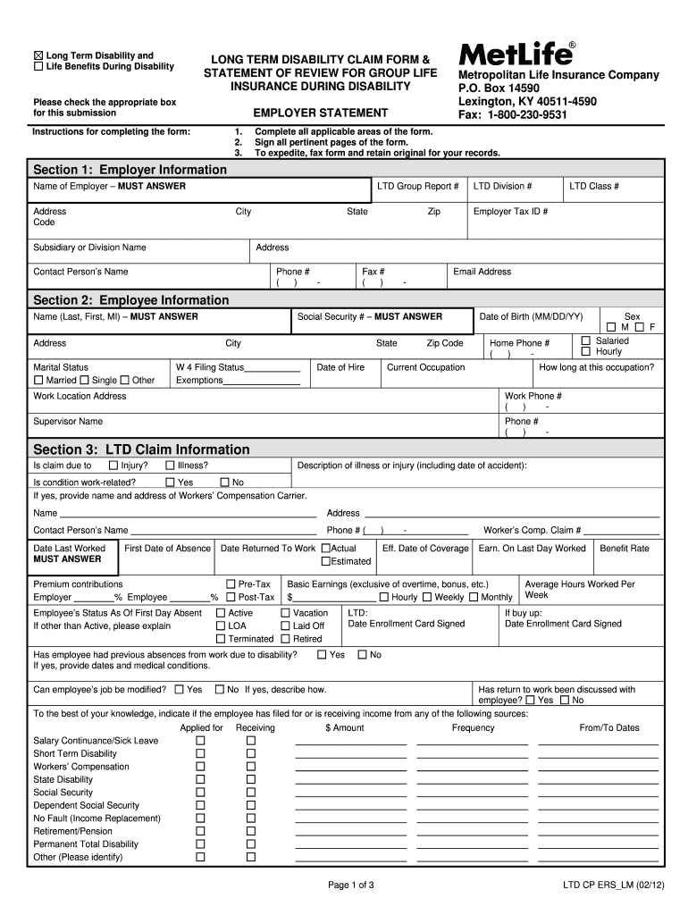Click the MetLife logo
coord(516,54)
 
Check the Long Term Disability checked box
coord(38,55)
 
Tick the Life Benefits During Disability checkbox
coord(38,66)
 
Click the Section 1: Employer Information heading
coord(130,170)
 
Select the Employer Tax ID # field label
coord(510,212)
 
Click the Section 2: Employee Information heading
coord(131,300)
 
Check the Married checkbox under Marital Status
coord(38,381)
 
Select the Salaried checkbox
coord(586,340)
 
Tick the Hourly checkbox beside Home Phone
coord(586,351)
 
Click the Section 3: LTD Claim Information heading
coord(141,449)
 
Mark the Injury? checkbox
coord(113,466)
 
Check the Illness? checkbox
coord(170,466)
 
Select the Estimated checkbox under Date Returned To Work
coord(326,561)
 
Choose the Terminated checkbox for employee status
coord(221,639)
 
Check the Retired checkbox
coord(286,639)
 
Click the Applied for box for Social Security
coord(201,793)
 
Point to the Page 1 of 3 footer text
coord(351,886)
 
